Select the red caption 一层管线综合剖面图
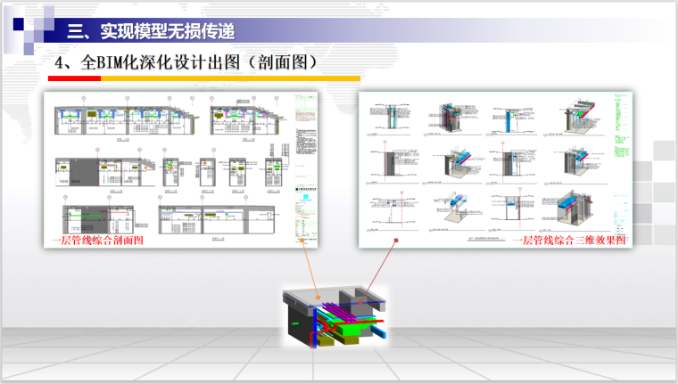click(97, 241)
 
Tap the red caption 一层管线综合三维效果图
click(569, 240)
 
